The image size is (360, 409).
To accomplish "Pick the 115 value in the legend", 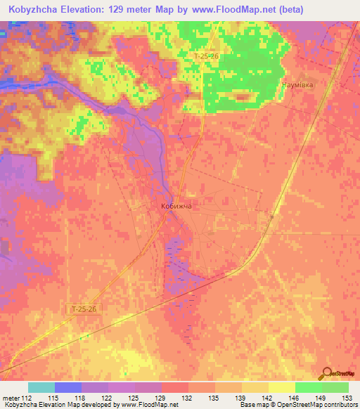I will pos(53,397).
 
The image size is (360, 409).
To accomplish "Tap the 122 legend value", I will pos(107,397).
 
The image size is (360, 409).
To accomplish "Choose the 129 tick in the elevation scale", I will pos(160,397).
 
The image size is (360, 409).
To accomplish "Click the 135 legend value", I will pos(214,397).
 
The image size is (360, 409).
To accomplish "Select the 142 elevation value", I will pos(267,397).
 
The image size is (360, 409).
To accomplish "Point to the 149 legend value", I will pos(321,397).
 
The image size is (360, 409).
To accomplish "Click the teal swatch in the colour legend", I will pos(41,387).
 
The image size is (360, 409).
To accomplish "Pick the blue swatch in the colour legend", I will pos(68,387).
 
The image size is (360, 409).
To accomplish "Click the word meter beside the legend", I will pos(9,397).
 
